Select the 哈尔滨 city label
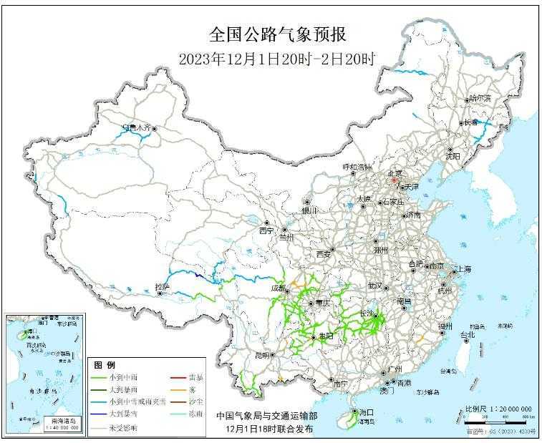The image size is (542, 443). [479, 99]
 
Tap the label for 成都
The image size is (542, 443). [277, 288]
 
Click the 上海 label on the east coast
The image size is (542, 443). [463, 269]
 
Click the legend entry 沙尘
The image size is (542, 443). [195, 401]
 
